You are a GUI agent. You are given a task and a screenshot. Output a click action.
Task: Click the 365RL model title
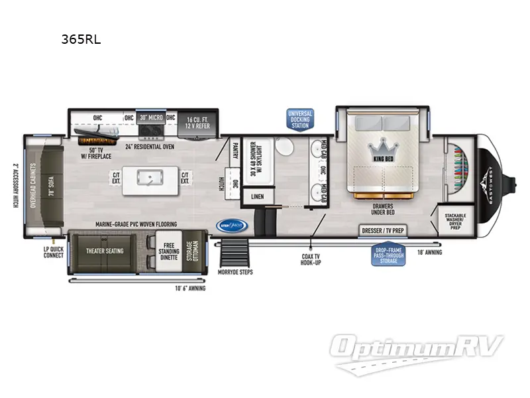(x=80, y=39)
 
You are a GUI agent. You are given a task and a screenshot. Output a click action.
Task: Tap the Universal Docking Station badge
(x=299, y=119)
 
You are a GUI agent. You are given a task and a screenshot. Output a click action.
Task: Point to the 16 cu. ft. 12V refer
(x=197, y=121)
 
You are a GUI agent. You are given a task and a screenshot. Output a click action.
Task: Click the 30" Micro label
(x=150, y=118)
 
